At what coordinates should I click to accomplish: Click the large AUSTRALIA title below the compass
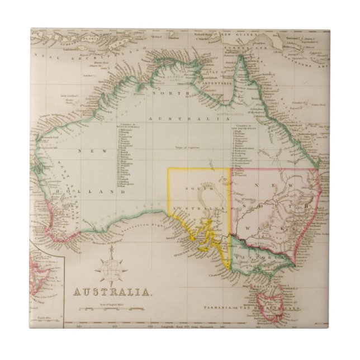point(112,292)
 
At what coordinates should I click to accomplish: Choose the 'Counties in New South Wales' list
point(241,149)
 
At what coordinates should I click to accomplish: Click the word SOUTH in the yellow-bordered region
point(199,186)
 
